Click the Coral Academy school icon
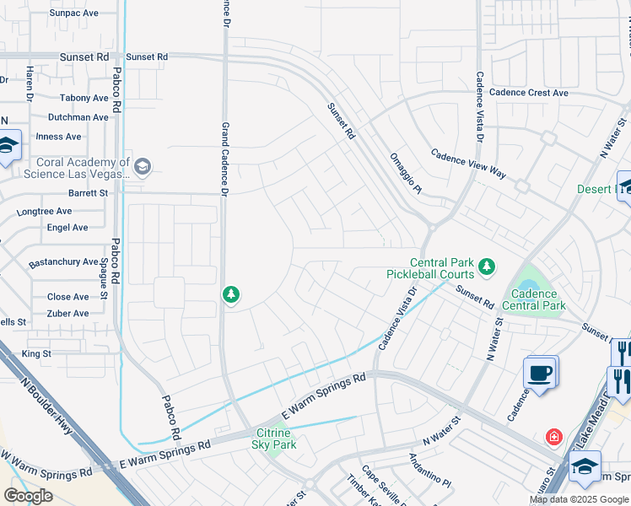pos(142,165)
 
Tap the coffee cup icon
pos(539,372)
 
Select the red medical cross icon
pos(553,437)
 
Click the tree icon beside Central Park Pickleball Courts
pos(486,267)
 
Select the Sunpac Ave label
pos(73,13)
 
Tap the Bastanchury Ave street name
pos(63,262)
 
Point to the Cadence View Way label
pos(468,164)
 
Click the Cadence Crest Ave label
pos(529,93)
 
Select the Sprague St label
pos(104,279)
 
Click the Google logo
pos(28,496)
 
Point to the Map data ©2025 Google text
pos(579,499)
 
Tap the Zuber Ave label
pos(67,314)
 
